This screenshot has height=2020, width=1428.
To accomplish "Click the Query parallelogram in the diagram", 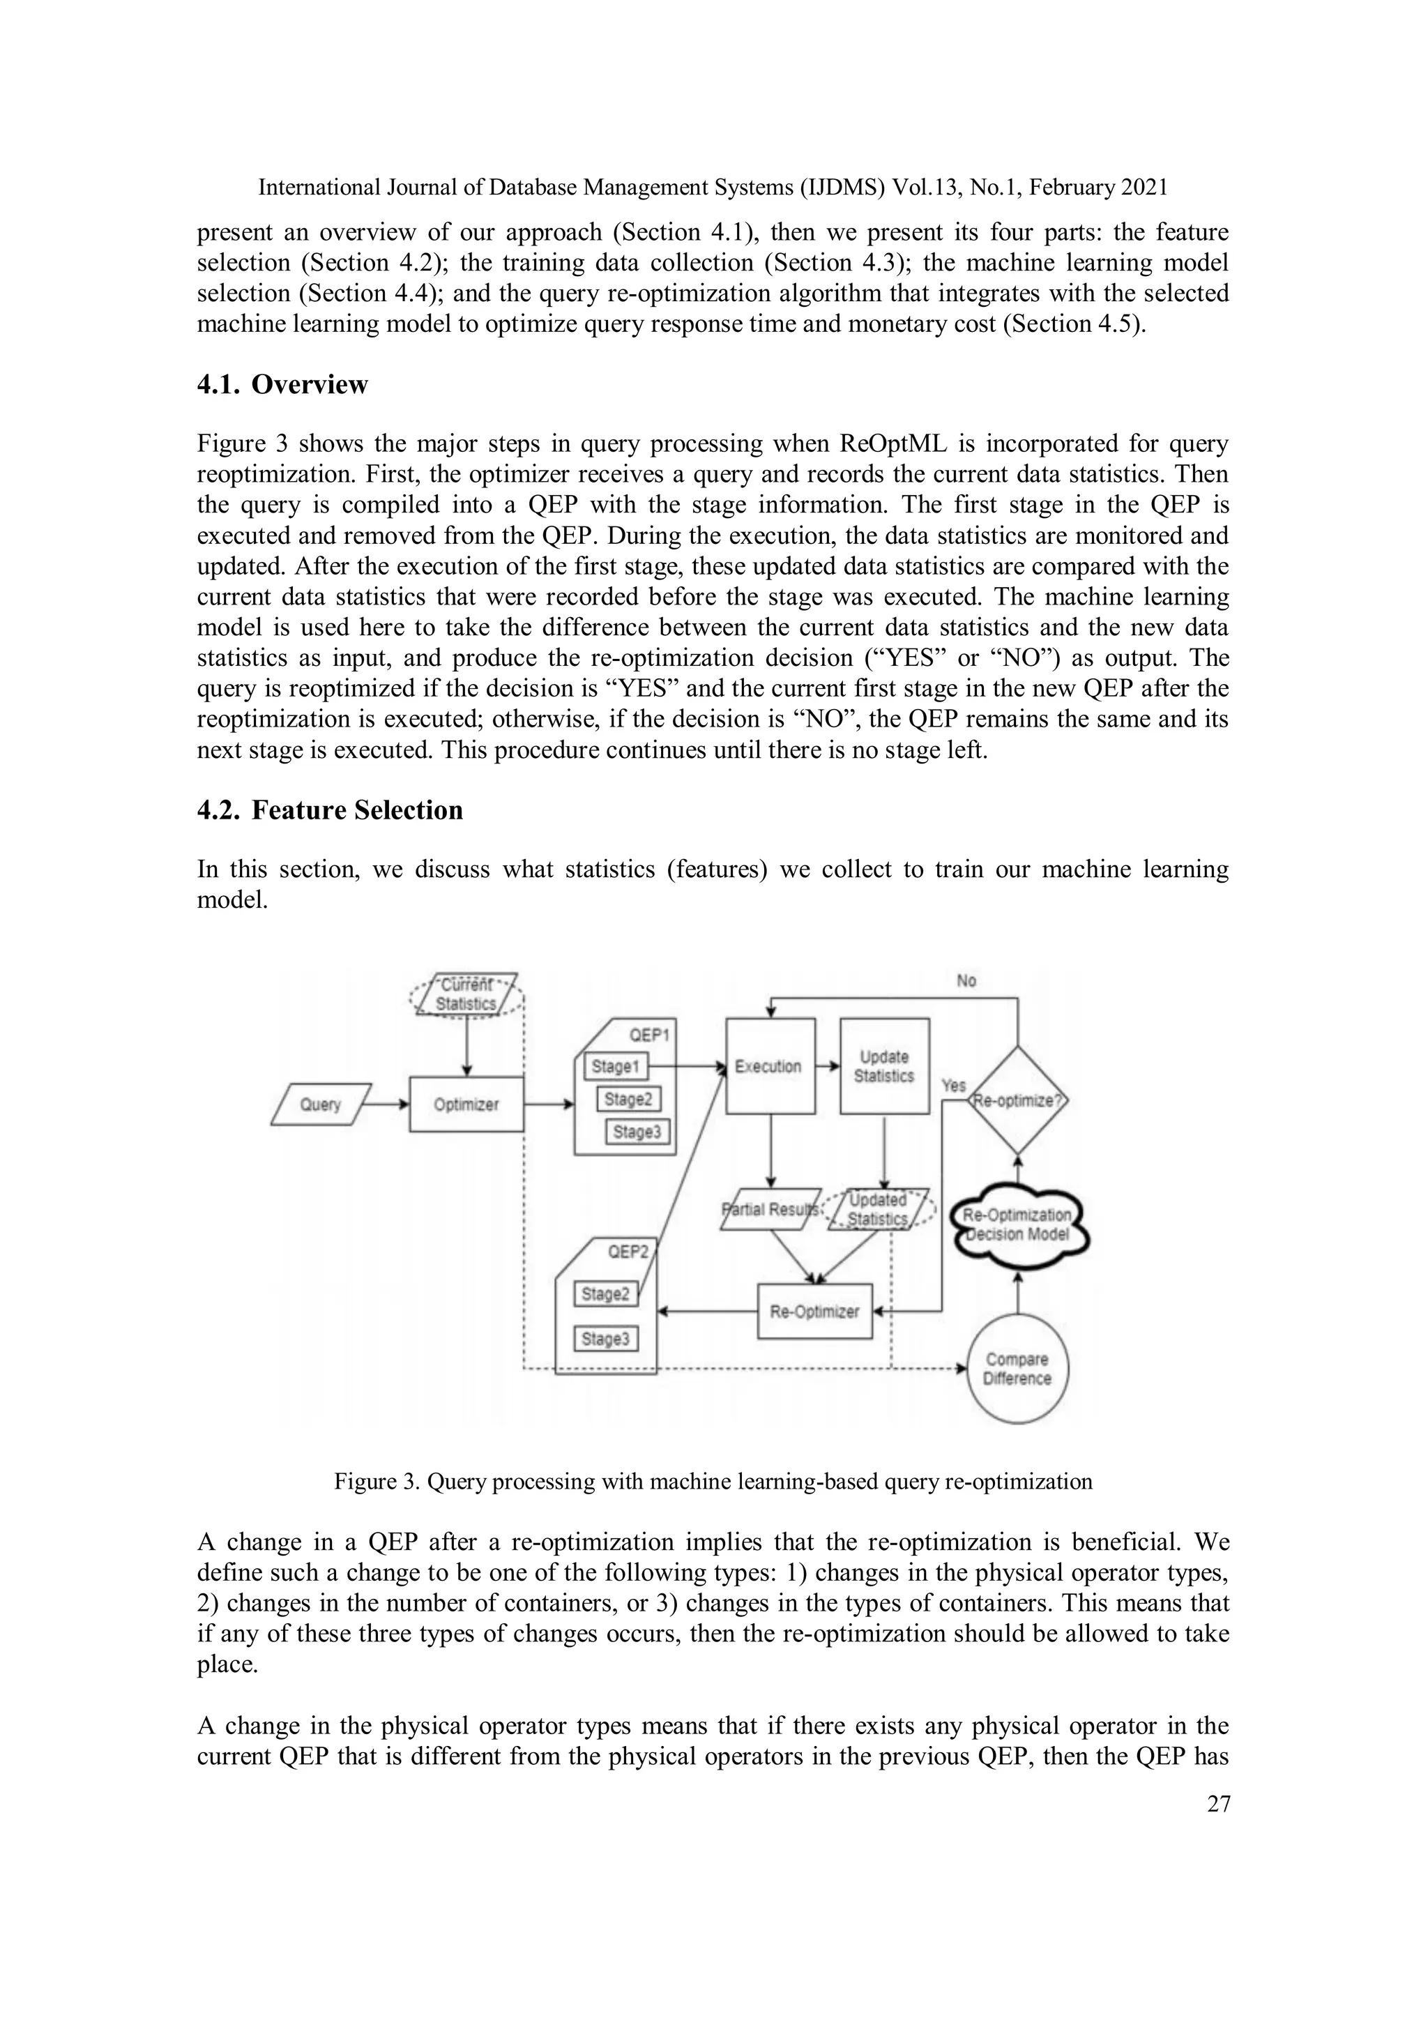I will pos(319,1104).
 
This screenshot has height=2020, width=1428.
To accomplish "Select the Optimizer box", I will pos(466,1104).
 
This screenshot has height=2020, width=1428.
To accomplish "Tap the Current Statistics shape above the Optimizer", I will pos(467,995).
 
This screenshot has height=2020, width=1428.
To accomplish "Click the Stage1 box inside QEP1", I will pos(615,1066).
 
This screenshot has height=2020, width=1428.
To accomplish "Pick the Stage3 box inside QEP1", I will pos(637,1132).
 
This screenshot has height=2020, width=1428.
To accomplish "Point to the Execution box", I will pos(769,1066).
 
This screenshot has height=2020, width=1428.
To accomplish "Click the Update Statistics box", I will pos(884,1066).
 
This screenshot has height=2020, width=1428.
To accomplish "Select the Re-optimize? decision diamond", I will pos(1018,1100).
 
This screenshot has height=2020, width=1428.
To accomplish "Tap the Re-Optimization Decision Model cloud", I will pos(1018,1224).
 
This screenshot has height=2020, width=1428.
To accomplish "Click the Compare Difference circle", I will pos(1017,1369).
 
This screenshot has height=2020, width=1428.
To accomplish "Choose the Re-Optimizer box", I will pos(814,1312).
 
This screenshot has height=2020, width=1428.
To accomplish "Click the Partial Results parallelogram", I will pos(770,1209).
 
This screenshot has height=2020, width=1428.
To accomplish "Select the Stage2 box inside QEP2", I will pos(605,1293).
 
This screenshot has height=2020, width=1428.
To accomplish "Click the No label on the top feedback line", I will pos(966,981).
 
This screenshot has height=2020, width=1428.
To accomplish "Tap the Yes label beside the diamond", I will pos(954,1086).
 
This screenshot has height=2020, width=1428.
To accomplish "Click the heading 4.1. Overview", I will pos(282,384).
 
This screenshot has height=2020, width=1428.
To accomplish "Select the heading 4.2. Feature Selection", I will pos(330,810).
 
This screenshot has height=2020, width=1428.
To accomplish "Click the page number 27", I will pos(1217,1805).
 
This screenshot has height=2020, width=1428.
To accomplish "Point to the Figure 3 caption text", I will pos(713,1482).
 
